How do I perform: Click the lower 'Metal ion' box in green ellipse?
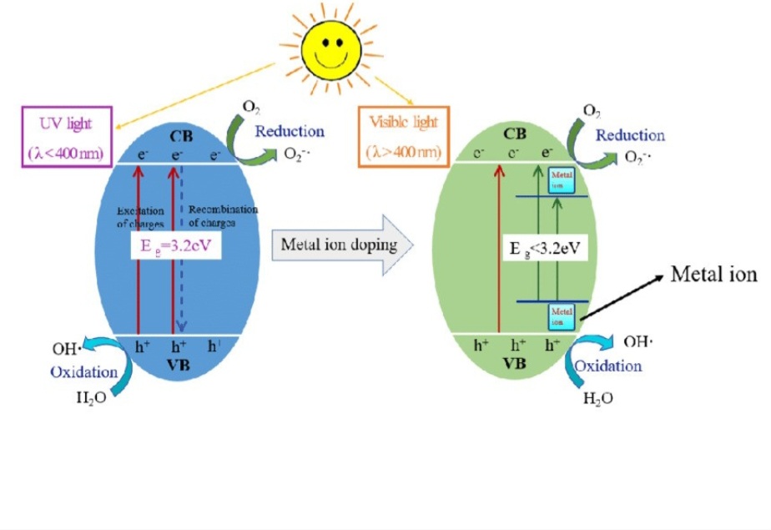click(x=561, y=316)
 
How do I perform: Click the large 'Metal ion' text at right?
click(x=714, y=275)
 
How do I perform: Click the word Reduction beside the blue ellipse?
click(x=289, y=131)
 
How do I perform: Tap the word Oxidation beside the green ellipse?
click(x=608, y=366)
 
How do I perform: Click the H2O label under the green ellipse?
click(x=598, y=398)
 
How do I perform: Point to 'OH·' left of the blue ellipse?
click(x=64, y=348)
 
